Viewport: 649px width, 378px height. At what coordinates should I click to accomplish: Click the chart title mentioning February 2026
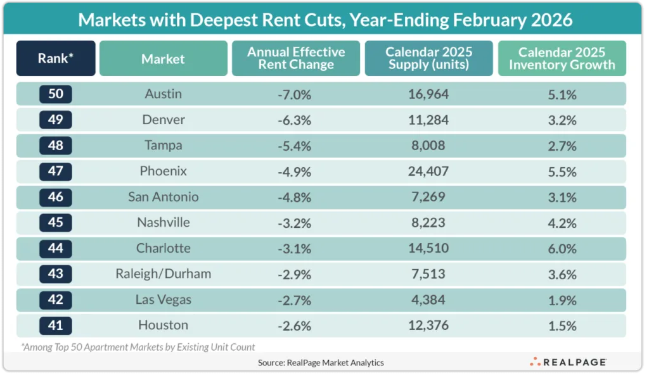point(324,20)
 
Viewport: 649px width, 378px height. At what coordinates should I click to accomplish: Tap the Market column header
point(163,59)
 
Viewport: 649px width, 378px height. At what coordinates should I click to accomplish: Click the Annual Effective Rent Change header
point(296,59)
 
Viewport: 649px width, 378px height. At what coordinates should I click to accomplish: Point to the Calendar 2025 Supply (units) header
point(428,59)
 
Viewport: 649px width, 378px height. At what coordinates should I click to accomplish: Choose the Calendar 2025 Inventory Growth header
point(562,59)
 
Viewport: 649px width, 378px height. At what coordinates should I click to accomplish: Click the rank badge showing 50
point(56,94)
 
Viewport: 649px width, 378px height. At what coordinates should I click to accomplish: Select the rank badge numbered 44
point(56,248)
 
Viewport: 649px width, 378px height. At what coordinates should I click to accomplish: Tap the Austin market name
point(163,94)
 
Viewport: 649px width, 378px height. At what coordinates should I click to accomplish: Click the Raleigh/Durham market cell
point(163,274)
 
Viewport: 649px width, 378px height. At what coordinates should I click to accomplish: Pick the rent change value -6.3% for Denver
point(293,120)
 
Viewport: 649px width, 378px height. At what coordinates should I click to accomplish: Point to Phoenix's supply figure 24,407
point(428,171)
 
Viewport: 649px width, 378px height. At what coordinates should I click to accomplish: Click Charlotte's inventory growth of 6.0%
point(562,248)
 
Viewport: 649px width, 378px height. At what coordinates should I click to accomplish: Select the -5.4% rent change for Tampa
point(293,146)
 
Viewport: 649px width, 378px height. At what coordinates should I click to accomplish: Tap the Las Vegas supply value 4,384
point(428,299)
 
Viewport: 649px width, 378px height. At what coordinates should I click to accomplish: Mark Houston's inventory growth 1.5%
point(562,325)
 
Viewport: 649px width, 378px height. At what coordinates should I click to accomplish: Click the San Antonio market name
point(163,197)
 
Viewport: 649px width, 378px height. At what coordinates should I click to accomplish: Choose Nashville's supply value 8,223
point(428,223)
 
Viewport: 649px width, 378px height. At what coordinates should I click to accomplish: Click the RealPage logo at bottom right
point(568,362)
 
